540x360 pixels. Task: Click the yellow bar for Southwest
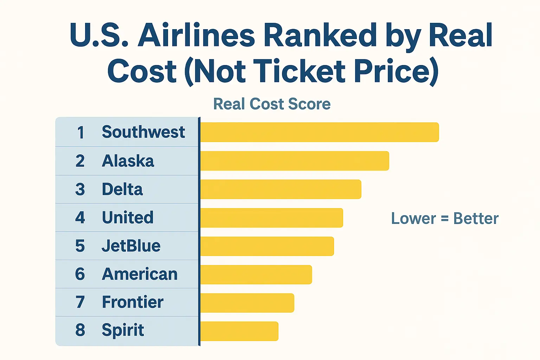coord(319,132)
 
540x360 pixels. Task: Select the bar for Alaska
coord(295,161)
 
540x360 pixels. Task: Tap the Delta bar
coord(281,189)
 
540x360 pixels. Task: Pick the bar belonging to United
coord(271,218)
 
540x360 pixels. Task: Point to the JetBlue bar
coord(267,246)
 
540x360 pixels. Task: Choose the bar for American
coord(256,275)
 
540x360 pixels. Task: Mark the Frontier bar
coord(247,303)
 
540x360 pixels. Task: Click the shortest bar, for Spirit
coord(239,331)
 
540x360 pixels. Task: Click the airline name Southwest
coord(143,132)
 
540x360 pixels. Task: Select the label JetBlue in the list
coord(131,246)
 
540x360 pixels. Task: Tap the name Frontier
coord(133,302)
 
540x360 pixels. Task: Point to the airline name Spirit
coord(123,330)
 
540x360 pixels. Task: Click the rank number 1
coord(81,133)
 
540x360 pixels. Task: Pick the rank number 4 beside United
coord(80,218)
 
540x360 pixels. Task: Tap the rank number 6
coord(80,274)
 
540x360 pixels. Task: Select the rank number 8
coord(80,330)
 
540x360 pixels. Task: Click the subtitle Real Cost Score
coord(272,104)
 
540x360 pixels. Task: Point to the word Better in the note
coord(476,219)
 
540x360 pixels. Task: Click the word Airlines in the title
coord(196,35)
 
